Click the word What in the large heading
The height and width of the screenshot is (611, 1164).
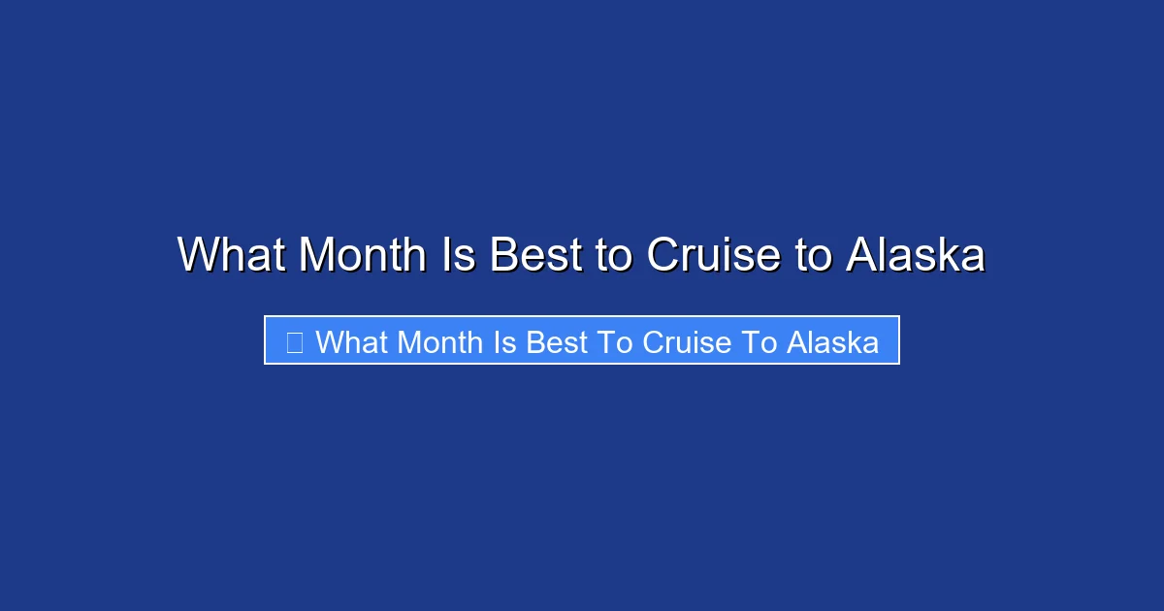(232, 255)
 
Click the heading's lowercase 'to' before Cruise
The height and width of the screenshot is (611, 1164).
(613, 255)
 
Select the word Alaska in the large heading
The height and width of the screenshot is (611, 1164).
(916, 255)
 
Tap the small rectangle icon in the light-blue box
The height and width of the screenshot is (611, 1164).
(295, 341)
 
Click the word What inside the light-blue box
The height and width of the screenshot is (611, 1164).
(352, 341)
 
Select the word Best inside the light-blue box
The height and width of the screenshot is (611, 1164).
(557, 341)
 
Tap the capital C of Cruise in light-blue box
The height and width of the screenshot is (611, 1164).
(652, 341)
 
